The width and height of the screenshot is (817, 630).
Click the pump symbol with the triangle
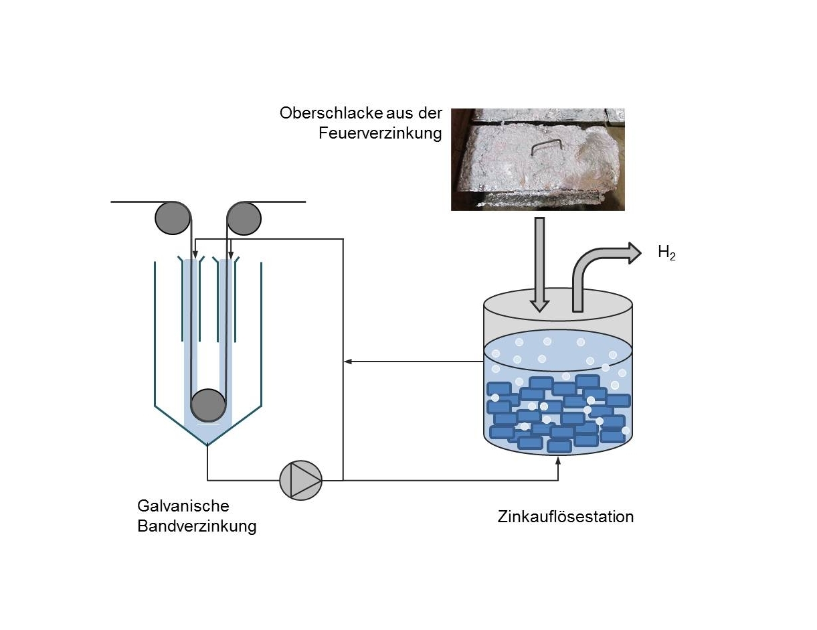click(301, 480)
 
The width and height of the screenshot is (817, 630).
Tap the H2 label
click(666, 253)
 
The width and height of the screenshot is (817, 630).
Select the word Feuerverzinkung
click(379, 133)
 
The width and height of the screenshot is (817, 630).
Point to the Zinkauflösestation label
click(565, 517)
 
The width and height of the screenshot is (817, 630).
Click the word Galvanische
click(183, 505)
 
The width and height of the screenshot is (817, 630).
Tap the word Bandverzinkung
click(197, 526)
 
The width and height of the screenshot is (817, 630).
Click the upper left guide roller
click(173, 218)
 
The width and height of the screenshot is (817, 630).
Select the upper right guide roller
click(244, 218)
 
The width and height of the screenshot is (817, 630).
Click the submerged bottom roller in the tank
click(208, 406)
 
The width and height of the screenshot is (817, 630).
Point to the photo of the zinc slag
click(537, 159)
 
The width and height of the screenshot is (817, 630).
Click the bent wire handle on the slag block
click(545, 147)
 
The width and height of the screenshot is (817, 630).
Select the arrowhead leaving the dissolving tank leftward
click(348, 362)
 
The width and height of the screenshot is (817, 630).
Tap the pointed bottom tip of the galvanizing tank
click(207, 445)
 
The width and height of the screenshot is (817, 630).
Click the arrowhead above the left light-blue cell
click(194, 255)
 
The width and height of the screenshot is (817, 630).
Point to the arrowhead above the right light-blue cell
click(230, 255)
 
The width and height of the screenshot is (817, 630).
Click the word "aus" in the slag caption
click(398, 112)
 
